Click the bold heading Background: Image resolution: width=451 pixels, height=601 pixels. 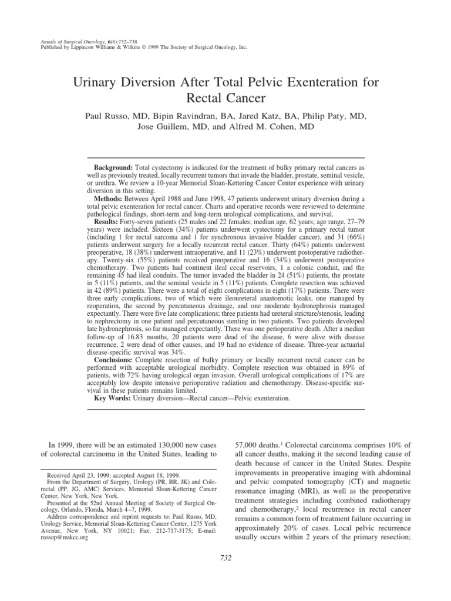[x=115, y=167]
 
